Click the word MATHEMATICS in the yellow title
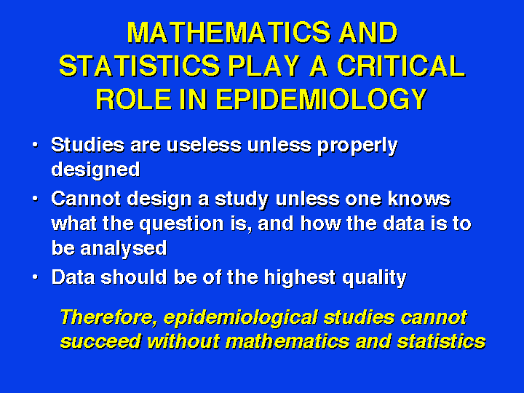click(229, 33)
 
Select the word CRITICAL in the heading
click(401, 65)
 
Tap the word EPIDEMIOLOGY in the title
click(322, 99)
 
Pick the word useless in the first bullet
click(204, 145)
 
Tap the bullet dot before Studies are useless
click(35, 145)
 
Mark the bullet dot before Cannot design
click(35, 199)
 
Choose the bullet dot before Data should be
click(35, 277)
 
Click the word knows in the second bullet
click(419, 199)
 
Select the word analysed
click(123, 249)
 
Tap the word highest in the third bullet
click(300, 278)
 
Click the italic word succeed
click(100, 341)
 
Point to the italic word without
click(183, 341)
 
